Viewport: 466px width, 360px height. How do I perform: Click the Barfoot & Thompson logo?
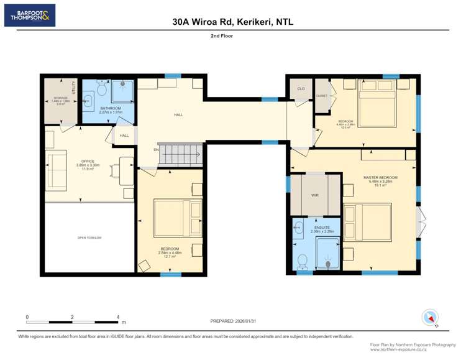tap(29, 15)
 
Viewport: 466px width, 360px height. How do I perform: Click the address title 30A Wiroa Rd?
tap(232, 22)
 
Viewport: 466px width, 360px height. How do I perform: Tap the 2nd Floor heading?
tap(232, 37)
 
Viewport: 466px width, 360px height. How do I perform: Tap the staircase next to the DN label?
tap(179, 154)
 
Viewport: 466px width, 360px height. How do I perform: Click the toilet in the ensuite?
tap(303, 260)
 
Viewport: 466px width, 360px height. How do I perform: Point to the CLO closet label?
tap(301, 89)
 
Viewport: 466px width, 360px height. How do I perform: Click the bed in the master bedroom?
tap(367, 222)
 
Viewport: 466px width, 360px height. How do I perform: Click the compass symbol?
tap(430, 317)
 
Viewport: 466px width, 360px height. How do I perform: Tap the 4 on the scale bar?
tap(118, 317)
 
